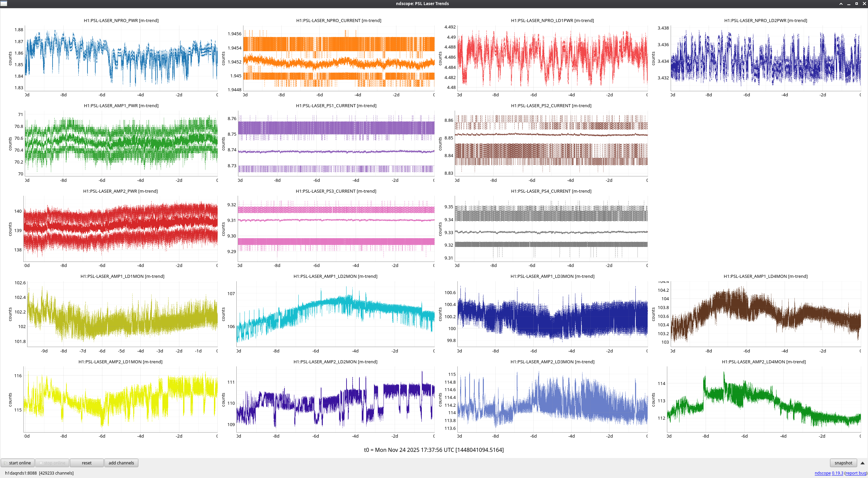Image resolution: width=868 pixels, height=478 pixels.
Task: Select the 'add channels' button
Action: tap(121, 463)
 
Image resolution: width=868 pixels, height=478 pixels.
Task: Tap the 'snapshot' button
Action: tap(843, 463)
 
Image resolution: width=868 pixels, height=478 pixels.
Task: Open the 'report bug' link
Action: tap(855, 473)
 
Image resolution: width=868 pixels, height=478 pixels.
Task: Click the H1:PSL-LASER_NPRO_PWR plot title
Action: tap(121, 21)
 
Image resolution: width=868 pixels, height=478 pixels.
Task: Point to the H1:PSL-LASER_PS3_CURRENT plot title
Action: tap(336, 191)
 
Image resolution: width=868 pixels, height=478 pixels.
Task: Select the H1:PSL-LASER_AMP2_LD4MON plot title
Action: tap(764, 362)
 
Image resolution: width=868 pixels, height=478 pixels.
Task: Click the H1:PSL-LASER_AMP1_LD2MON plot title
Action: tap(335, 276)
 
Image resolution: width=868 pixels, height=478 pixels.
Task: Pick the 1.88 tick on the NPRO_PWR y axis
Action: tap(19, 30)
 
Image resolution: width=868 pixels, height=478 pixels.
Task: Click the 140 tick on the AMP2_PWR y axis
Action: tap(18, 211)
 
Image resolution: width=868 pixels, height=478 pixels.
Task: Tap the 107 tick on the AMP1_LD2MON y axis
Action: tap(231, 294)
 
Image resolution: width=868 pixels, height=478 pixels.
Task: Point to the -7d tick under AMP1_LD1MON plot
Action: tap(83, 351)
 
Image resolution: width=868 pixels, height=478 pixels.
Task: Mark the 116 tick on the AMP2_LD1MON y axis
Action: tap(18, 376)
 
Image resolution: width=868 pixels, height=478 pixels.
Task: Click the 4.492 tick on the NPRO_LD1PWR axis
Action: tap(450, 27)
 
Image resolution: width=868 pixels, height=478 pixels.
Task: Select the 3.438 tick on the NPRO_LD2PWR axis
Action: tap(663, 28)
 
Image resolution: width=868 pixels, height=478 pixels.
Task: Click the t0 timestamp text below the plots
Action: tap(434, 450)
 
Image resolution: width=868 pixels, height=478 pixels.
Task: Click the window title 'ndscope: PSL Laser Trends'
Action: tap(422, 4)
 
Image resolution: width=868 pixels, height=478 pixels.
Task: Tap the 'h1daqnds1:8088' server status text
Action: tap(21, 473)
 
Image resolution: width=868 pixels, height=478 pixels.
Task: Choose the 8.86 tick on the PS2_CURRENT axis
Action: tap(449, 120)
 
